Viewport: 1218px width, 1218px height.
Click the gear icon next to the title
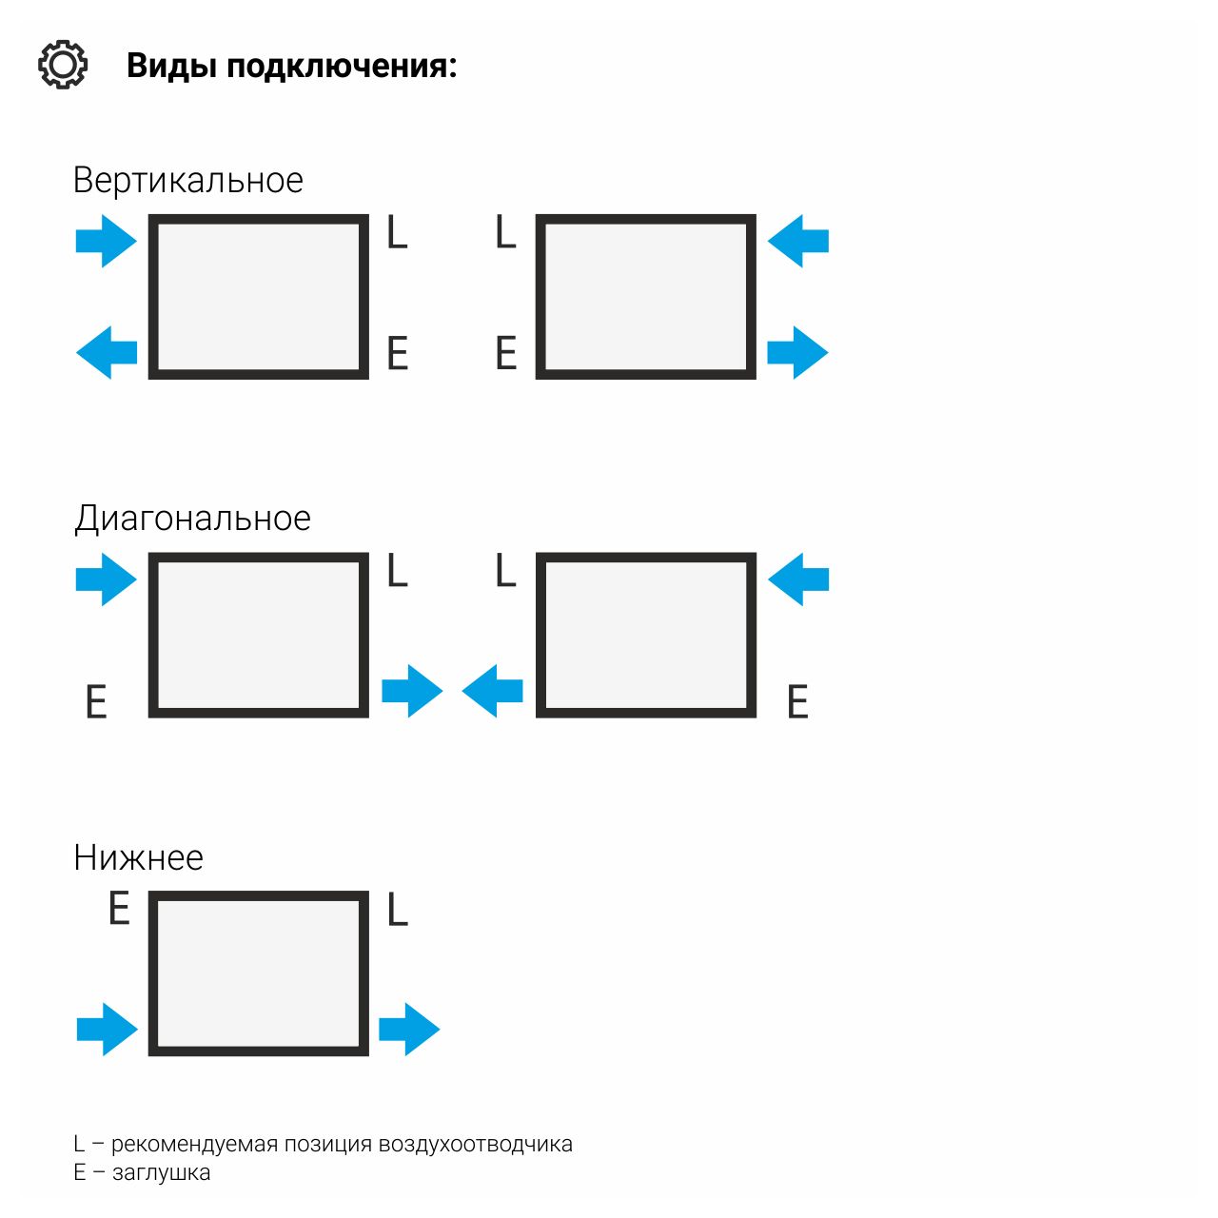(x=63, y=65)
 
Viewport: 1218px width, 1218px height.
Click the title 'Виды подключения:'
(x=291, y=67)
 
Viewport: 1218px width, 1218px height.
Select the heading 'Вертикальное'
(x=187, y=180)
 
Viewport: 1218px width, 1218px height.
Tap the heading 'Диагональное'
(x=192, y=519)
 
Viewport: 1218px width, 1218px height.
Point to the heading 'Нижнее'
(x=138, y=857)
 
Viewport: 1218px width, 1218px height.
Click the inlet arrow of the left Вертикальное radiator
(x=106, y=241)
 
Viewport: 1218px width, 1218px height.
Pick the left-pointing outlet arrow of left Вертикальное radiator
(x=107, y=352)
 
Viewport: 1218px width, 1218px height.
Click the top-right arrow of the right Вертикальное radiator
(x=798, y=241)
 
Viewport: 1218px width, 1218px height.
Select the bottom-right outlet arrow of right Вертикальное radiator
(x=797, y=352)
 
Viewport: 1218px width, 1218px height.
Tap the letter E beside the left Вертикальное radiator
(x=398, y=354)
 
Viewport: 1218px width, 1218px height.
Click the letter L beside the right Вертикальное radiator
(x=505, y=232)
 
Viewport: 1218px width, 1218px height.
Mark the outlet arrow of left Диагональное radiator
(x=412, y=691)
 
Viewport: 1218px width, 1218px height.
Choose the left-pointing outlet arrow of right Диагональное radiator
(x=493, y=691)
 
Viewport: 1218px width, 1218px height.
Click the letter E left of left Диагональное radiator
(x=96, y=702)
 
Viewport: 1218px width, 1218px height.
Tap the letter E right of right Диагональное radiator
(x=797, y=702)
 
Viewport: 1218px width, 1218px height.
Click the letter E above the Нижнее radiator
(x=119, y=909)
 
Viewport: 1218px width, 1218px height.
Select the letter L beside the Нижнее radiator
(x=398, y=911)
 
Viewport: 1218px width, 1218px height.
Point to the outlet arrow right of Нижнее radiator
(x=409, y=1029)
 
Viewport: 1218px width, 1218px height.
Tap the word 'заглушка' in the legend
(x=161, y=1173)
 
